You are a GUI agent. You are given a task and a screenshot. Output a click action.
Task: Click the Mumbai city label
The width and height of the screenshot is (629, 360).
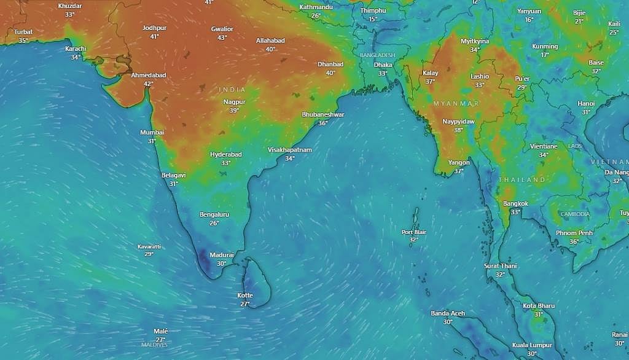(x=152, y=132)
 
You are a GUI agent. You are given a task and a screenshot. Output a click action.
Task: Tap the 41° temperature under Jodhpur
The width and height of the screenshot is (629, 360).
(x=154, y=37)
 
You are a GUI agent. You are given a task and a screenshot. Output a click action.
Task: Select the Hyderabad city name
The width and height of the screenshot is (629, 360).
(x=225, y=154)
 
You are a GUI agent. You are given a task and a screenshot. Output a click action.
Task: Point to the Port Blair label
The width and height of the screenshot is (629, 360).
(x=413, y=232)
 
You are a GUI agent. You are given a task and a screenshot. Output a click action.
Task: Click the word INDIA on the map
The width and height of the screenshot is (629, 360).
(x=232, y=90)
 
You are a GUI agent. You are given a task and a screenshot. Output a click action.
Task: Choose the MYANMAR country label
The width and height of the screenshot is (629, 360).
(x=455, y=103)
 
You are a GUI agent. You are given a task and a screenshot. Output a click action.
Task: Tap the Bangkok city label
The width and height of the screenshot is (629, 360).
(x=515, y=203)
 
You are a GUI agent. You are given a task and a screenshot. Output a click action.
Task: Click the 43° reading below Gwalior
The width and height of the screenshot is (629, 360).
(x=222, y=37)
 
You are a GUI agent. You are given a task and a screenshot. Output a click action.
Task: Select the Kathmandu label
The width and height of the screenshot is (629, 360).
(x=316, y=7)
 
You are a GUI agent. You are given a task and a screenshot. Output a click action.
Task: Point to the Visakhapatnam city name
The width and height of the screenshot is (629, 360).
(x=290, y=149)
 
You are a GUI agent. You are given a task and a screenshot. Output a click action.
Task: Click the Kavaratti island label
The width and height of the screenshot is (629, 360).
(x=149, y=246)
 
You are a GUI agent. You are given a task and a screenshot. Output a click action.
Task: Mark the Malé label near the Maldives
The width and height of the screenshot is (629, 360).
(x=160, y=331)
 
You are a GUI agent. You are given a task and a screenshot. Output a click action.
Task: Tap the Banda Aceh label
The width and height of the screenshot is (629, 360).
(x=448, y=313)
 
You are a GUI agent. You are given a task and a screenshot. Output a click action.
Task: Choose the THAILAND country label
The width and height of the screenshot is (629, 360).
(x=522, y=179)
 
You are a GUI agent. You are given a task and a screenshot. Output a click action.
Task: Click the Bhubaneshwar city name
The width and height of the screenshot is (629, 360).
(x=323, y=115)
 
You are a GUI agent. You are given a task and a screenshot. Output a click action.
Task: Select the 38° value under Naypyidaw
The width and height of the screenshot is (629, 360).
(x=458, y=130)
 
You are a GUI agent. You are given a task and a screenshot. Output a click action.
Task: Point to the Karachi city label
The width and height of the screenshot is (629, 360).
(x=76, y=49)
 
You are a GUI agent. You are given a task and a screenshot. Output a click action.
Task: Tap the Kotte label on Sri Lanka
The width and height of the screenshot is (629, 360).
(x=244, y=295)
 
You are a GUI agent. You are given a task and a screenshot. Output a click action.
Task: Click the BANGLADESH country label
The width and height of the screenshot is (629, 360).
(x=377, y=55)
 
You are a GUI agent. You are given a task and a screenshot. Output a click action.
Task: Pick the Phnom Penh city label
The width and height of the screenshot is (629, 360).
(x=574, y=233)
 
